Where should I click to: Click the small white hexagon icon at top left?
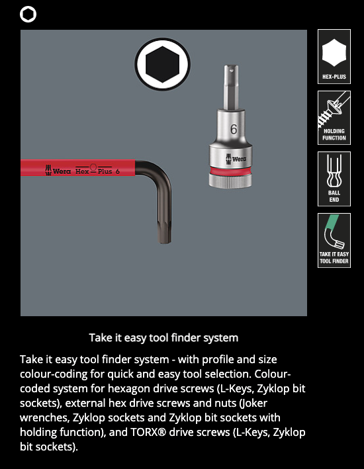[28, 15]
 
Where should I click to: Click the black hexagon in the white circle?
[163, 64]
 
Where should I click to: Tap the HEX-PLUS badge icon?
[334, 56]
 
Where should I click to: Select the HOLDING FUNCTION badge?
[334, 118]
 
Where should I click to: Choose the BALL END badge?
[334, 179]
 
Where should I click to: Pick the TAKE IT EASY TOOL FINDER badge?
[334, 241]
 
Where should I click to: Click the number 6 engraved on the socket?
[234, 129]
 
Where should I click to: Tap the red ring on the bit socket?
[230, 171]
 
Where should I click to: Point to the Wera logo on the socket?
[236, 159]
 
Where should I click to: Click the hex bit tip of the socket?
[231, 87]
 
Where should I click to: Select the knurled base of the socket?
[230, 181]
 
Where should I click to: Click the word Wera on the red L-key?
[62, 171]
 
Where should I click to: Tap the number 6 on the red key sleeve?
[118, 171]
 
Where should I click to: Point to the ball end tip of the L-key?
[164, 234]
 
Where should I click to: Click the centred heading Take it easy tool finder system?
[163, 337]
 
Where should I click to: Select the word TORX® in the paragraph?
[148, 432]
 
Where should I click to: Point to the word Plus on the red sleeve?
[105, 171]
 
